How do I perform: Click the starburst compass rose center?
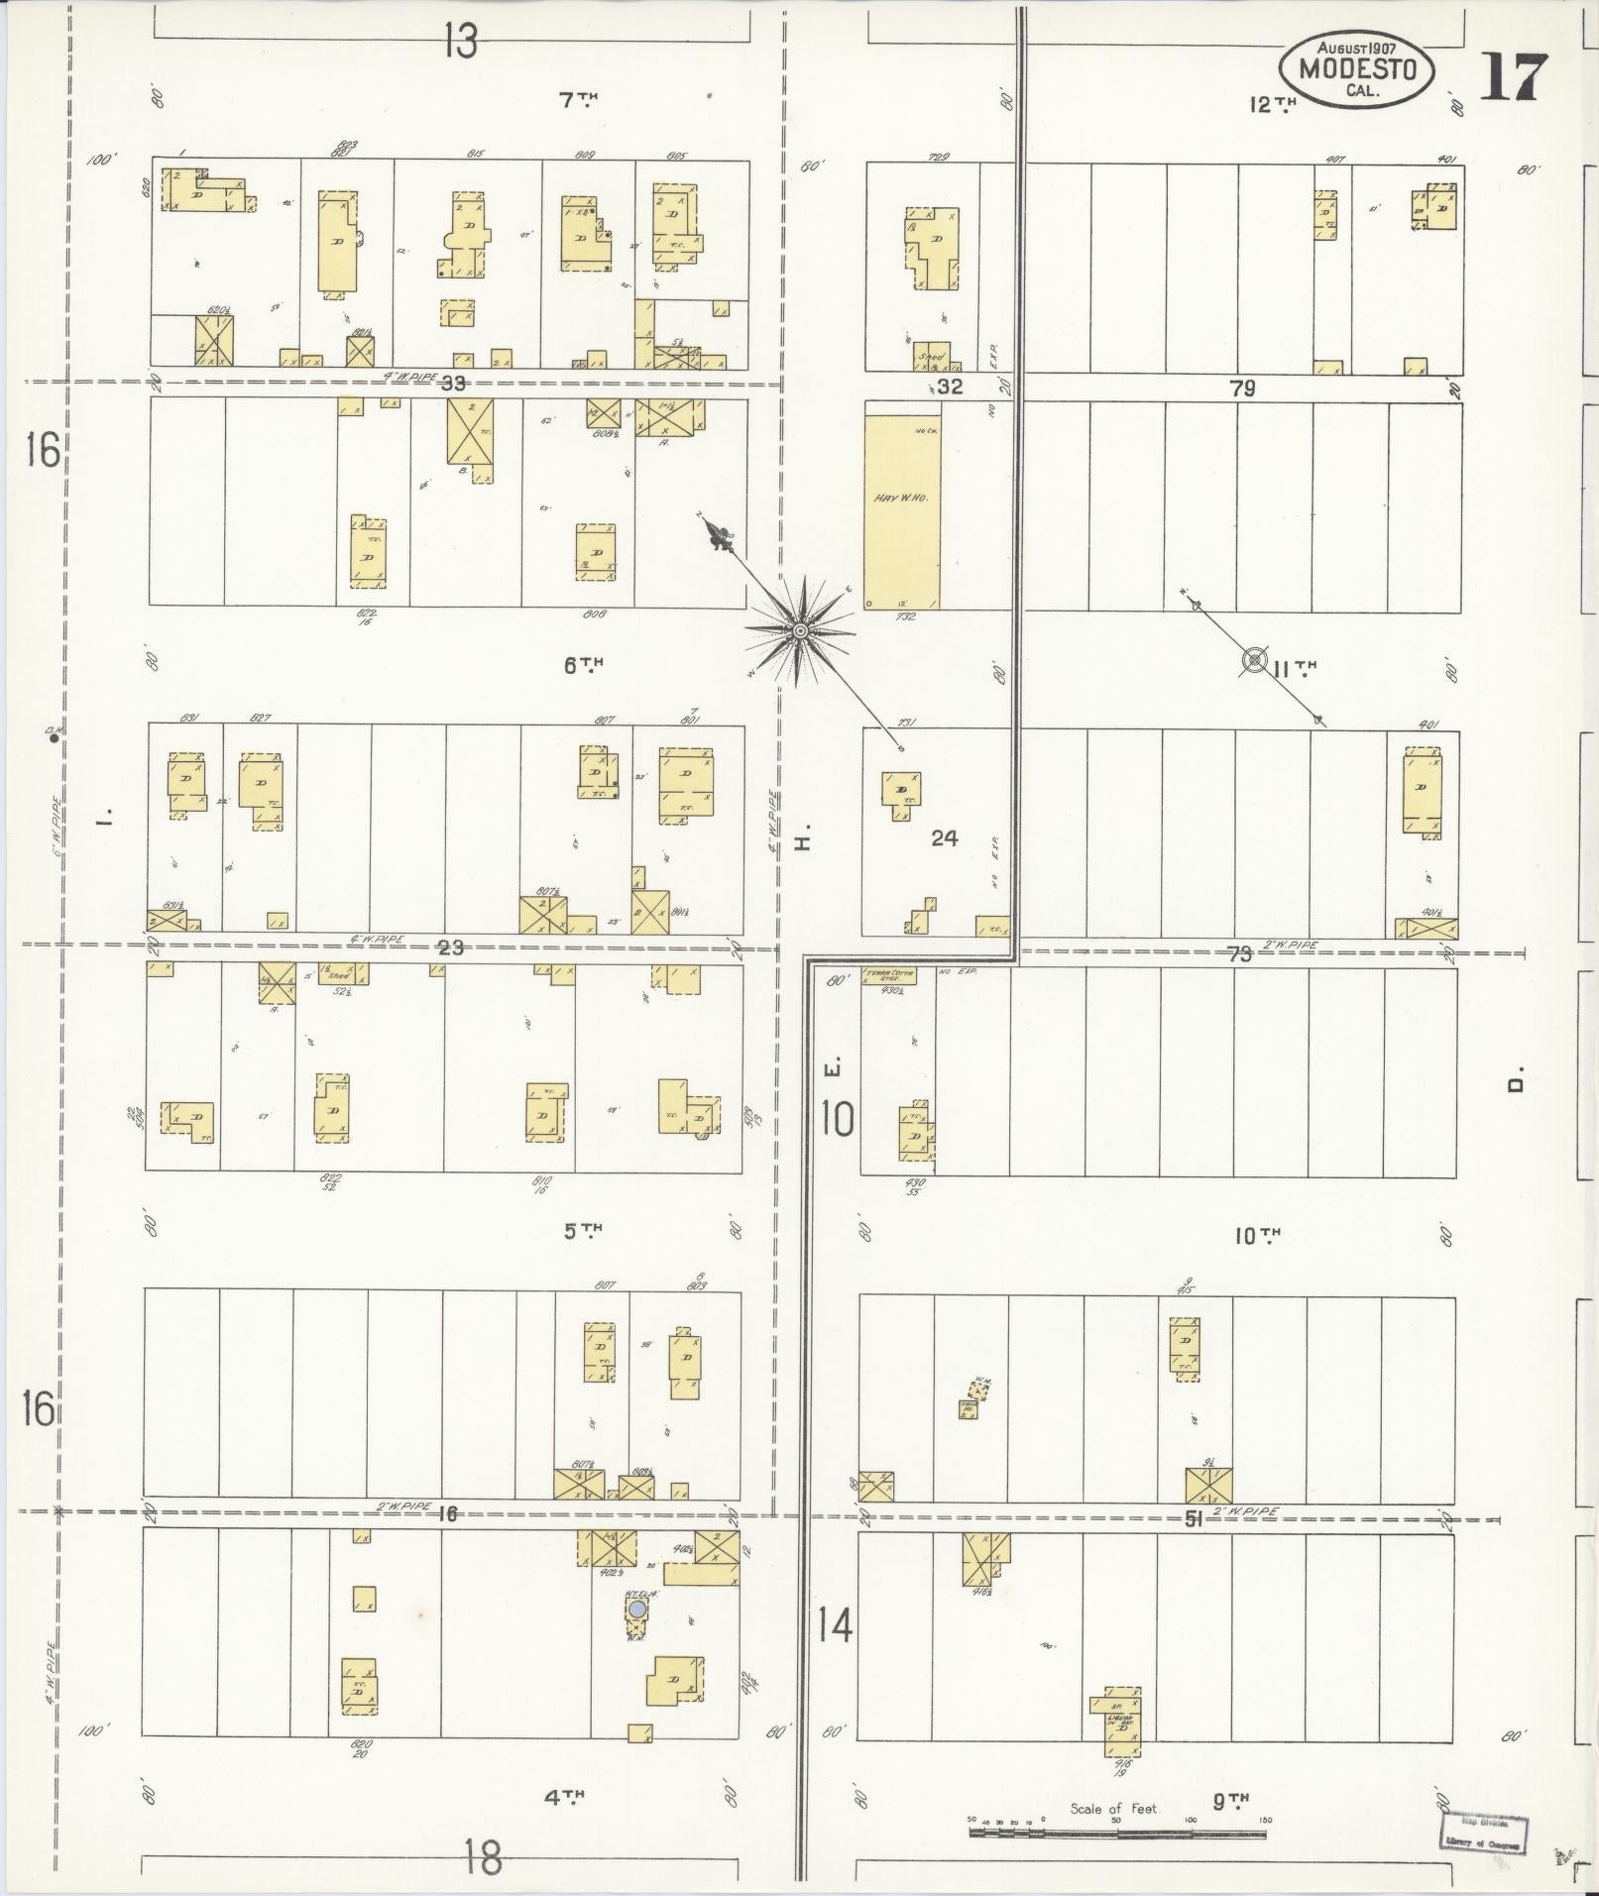click(x=799, y=629)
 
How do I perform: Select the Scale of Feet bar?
click(x=1118, y=1833)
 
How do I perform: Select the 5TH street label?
click(x=583, y=1231)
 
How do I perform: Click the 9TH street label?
click(x=1230, y=1799)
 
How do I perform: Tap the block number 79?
click(x=1241, y=390)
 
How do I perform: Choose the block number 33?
click(x=453, y=384)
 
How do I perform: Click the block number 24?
click(x=944, y=838)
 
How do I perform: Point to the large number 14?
click(x=835, y=1626)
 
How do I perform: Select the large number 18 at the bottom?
click(x=482, y=1858)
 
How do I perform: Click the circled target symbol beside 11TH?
click(x=1255, y=659)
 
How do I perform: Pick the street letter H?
click(x=803, y=842)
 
